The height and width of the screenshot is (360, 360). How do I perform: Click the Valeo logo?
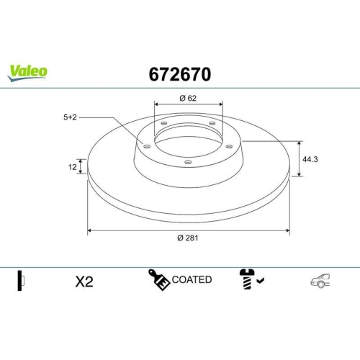coord(28,71)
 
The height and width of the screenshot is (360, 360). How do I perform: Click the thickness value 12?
coord(73,167)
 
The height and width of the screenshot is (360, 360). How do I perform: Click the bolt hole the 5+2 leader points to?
coord(147,148)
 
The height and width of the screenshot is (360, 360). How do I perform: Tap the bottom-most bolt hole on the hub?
coord(188,162)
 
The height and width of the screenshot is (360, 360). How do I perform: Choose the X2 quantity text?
coord(84,282)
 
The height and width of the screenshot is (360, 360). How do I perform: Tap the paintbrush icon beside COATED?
coord(158,279)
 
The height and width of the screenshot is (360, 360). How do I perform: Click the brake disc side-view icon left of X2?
coord(21,281)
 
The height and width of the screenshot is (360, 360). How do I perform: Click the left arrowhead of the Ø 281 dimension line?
coord(89,231)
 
